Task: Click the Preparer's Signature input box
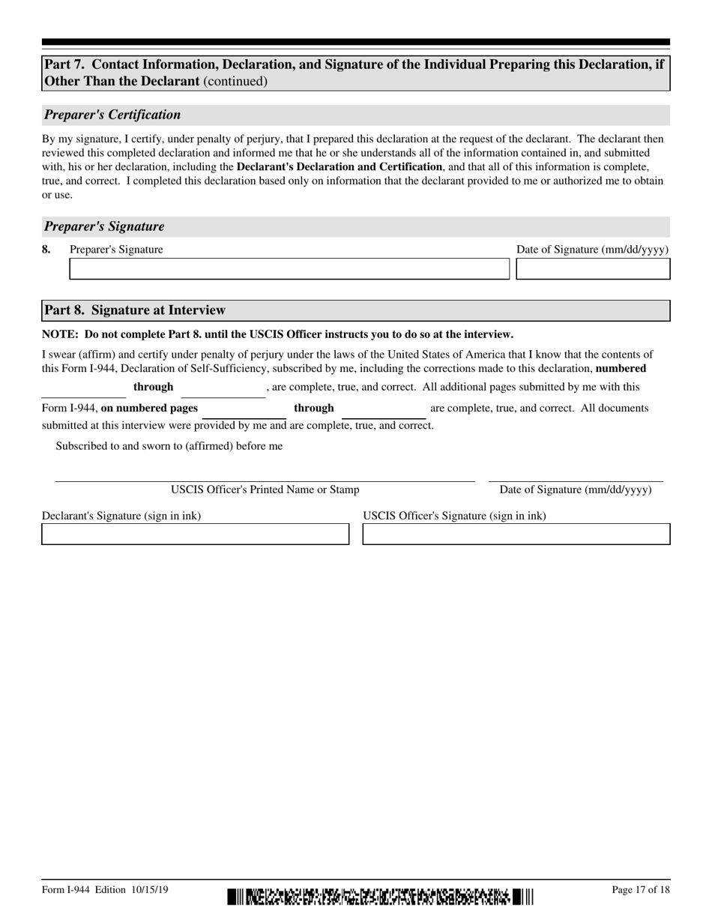coord(289,269)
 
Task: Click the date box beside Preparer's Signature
coord(593,269)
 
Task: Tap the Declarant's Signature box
coord(195,534)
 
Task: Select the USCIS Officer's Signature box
coord(516,534)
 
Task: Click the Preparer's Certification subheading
coord(112,115)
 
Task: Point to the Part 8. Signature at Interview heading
coord(135,310)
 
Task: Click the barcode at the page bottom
coord(381,896)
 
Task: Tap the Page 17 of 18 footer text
coord(641,890)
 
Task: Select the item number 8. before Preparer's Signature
coord(46,250)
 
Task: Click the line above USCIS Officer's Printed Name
coord(265,480)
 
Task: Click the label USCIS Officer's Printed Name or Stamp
coord(265,490)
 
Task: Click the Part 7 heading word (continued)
coord(235,81)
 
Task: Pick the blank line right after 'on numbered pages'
coord(244,417)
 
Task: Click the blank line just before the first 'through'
coord(83,396)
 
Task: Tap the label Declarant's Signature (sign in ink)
coord(121,516)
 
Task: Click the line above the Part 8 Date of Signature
coord(576,480)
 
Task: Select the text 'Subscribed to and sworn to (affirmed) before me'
coord(169,446)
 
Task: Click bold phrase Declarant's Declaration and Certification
coord(339,166)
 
